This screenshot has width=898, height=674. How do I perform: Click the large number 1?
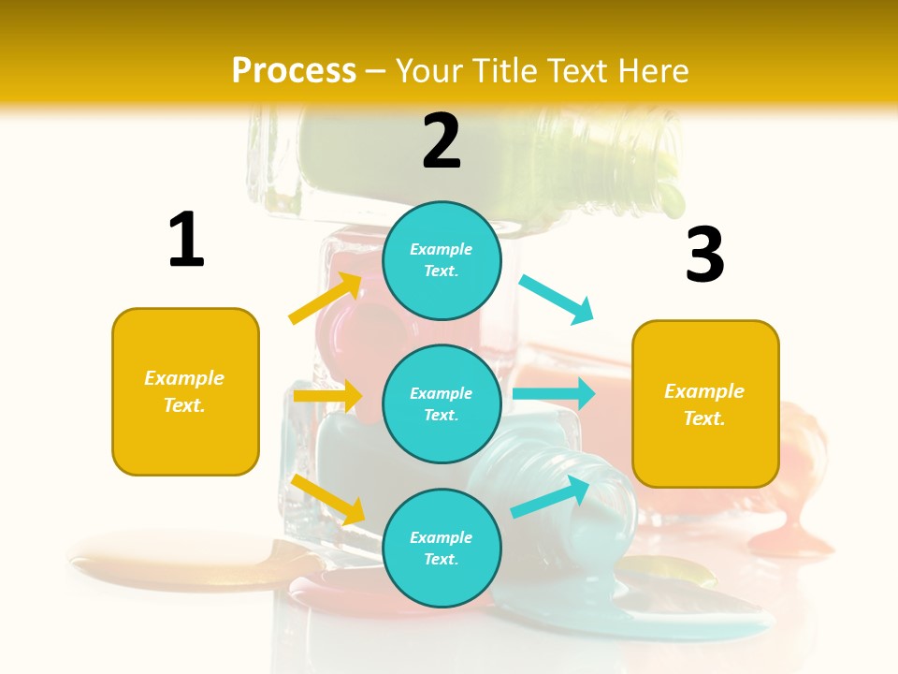(x=186, y=240)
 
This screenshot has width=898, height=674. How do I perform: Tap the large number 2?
(x=442, y=141)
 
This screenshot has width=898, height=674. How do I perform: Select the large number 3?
(x=704, y=256)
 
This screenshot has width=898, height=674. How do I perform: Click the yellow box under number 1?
(x=185, y=391)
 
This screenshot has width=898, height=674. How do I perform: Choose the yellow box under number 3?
(x=705, y=403)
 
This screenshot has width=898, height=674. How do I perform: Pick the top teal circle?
(x=442, y=260)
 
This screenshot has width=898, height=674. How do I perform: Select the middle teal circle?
(x=442, y=403)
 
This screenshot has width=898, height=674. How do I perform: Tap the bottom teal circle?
(x=442, y=548)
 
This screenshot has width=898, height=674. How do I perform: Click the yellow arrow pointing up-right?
(x=326, y=298)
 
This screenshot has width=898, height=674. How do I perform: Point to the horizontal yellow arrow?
(x=326, y=396)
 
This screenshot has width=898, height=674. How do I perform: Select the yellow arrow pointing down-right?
(x=328, y=499)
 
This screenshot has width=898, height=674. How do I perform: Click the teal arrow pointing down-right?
(x=557, y=299)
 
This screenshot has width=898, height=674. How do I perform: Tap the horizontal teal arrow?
(x=553, y=393)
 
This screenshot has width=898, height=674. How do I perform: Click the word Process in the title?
(x=294, y=70)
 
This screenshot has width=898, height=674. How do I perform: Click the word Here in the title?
(x=652, y=70)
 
